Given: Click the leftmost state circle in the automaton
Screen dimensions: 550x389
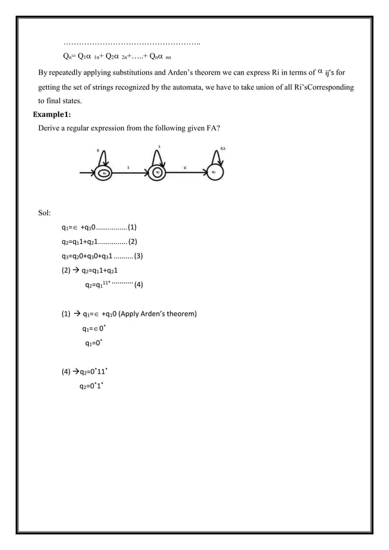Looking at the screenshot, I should pyautogui.click(x=104, y=173).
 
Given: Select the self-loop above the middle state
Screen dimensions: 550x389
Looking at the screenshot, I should pyautogui.click(x=159, y=155).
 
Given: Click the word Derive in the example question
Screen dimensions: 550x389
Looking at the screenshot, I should pyautogui.click(x=49, y=129).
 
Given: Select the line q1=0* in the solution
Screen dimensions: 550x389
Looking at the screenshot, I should pyautogui.click(x=93, y=343).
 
